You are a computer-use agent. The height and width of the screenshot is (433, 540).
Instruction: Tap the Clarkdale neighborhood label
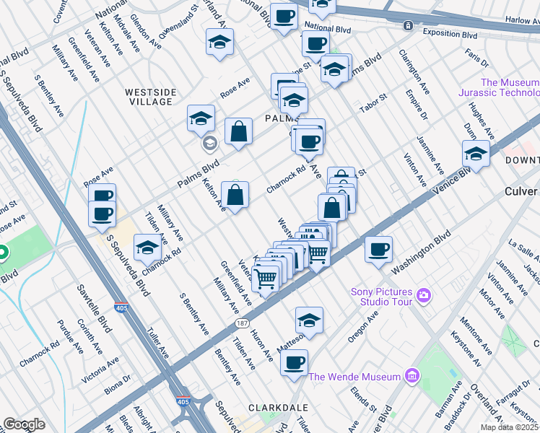pyautogui.click(x=273, y=408)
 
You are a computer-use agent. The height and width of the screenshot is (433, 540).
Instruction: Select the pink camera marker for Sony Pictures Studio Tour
pyautogui.click(x=422, y=295)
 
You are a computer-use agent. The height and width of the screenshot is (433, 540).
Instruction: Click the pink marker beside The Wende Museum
pyautogui.click(x=411, y=376)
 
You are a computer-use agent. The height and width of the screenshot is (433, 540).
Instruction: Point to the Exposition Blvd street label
pyautogui.click(x=451, y=34)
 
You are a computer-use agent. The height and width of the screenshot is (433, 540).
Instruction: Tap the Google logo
pyautogui.click(x=24, y=424)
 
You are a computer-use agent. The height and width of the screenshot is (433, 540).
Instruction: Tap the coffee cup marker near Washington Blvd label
pyautogui.click(x=378, y=250)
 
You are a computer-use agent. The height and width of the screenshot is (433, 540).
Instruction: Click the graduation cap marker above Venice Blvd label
pyautogui.click(x=476, y=153)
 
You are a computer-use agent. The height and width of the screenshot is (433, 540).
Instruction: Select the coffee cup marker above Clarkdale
pyautogui.click(x=294, y=363)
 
